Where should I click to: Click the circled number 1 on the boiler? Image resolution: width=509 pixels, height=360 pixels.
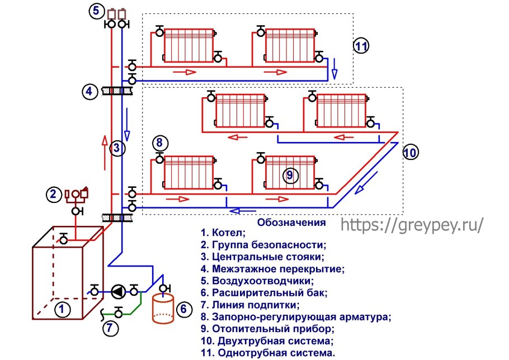(x=63, y=309)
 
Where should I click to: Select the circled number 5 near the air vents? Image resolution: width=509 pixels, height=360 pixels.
(x=96, y=11)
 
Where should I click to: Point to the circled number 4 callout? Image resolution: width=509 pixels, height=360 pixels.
(x=89, y=91)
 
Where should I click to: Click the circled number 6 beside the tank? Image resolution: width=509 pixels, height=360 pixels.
(x=182, y=308)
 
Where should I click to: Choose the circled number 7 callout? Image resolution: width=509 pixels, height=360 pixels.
(x=111, y=328)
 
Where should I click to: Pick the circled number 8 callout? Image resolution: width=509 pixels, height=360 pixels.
(x=159, y=143)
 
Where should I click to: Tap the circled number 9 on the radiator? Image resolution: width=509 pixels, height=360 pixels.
(x=289, y=175)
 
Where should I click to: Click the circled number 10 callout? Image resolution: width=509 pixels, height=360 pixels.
(x=410, y=151)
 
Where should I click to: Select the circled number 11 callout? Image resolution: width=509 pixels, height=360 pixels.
(x=361, y=46)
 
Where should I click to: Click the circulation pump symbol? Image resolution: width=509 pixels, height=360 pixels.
(x=118, y=291)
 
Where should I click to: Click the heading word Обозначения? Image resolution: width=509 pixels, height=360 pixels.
(x=291, y=222)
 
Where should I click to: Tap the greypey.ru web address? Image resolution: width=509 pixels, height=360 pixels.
(x=411, y=224)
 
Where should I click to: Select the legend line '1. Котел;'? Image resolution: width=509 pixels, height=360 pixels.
(x=222, y=233)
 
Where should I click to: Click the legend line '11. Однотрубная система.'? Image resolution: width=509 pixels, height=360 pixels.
(x=268, y=353)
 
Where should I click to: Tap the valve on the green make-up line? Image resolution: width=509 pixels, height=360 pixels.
(x=119, y=312)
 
